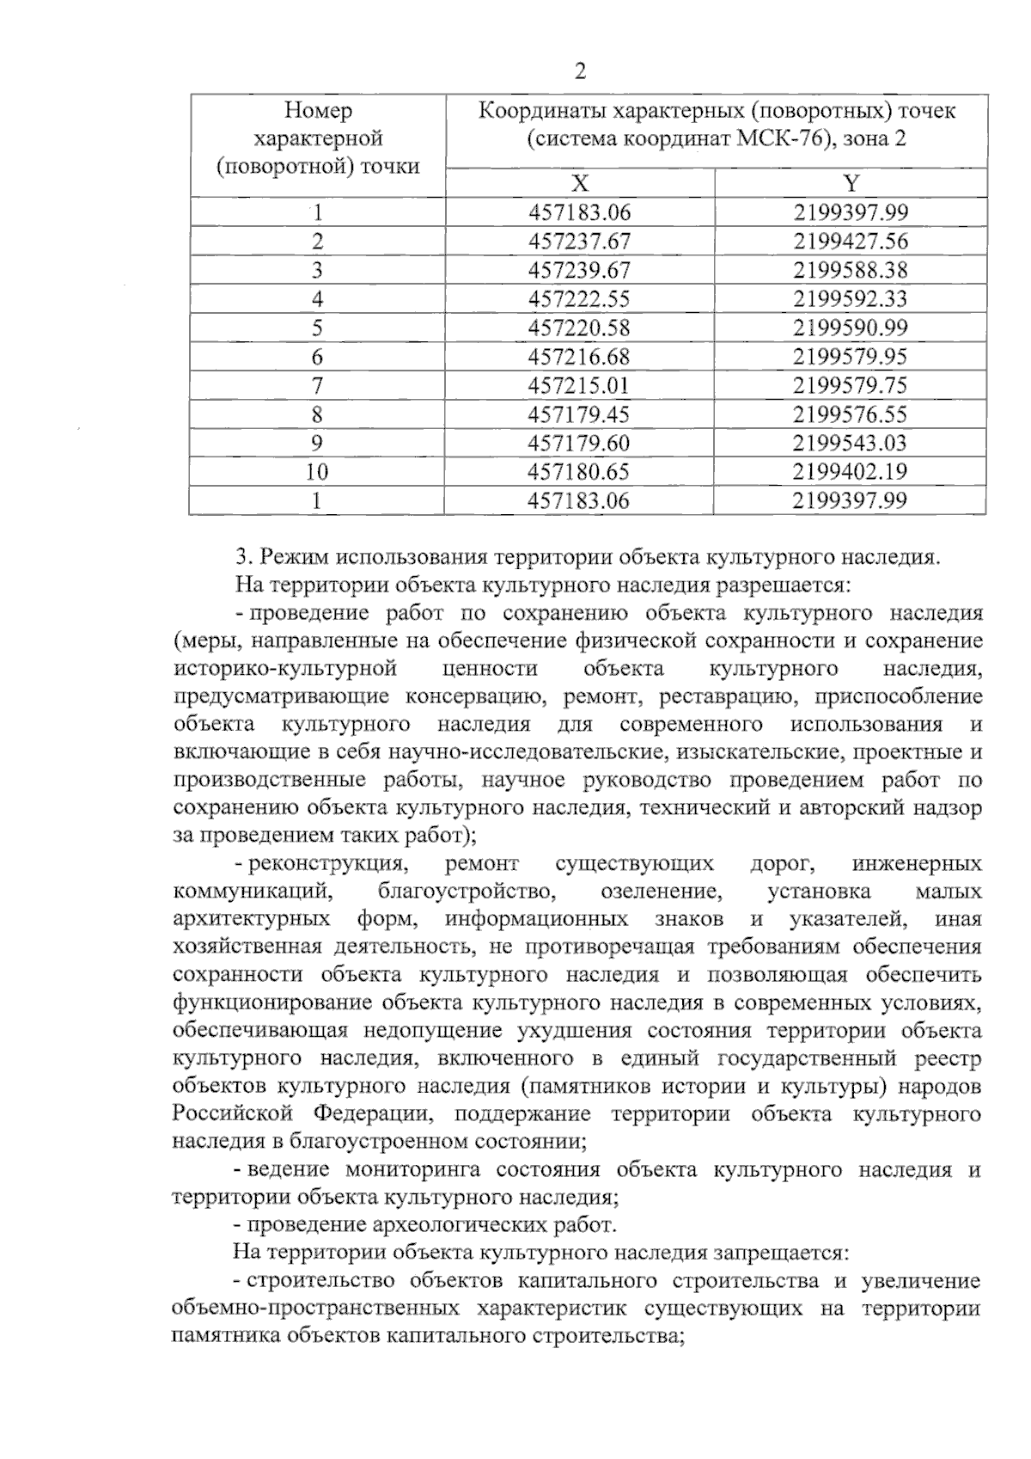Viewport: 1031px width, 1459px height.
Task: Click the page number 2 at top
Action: [580, 72]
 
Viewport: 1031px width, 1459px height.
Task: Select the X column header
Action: [580, 183]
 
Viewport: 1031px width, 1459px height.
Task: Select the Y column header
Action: [851, 183]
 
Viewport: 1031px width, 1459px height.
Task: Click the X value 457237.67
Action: [579, 242]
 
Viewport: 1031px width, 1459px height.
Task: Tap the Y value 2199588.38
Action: [851, 270]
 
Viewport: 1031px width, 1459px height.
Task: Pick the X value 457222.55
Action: [579, 299]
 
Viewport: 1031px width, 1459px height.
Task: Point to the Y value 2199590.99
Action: [851, 328]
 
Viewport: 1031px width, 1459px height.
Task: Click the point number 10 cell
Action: [317, 472]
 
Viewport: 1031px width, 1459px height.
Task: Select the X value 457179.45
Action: [579, 414]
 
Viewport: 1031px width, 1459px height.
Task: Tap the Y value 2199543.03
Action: [851, 443]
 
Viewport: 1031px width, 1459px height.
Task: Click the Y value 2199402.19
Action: [851, 472]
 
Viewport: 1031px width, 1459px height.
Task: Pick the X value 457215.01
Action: [579, 385]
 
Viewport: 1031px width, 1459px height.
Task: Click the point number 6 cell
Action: [317, 357]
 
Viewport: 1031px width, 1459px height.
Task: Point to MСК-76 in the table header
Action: [785, 138]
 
